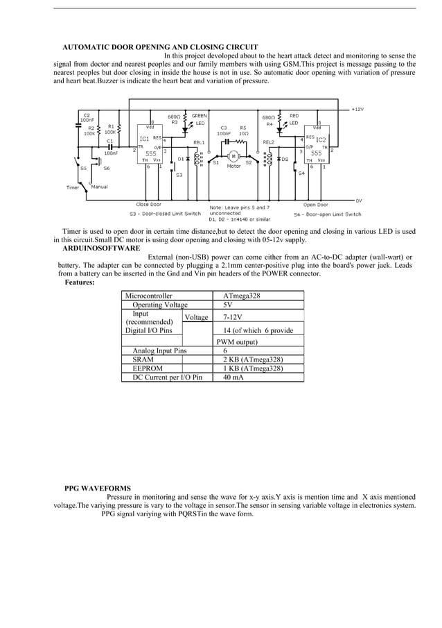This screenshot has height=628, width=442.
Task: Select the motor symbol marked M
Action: [233, 156]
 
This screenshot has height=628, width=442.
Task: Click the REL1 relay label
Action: [199, 142]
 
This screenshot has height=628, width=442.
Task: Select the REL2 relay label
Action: [269, 142]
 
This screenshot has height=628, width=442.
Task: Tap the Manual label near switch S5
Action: [99, 187]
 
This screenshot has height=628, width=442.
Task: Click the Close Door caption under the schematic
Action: [148, 205]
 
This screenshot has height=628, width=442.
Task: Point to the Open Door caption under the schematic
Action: [315, 205]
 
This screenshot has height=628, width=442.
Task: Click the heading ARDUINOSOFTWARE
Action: [101, 248]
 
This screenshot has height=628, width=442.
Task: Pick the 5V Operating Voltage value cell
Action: [228, 305]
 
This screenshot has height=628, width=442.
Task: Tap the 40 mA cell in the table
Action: [233, 377]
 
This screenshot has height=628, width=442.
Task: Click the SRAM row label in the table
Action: [143, 359]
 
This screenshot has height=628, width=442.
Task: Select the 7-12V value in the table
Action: [233, 317]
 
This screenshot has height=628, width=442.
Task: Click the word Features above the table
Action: [80, 282]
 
